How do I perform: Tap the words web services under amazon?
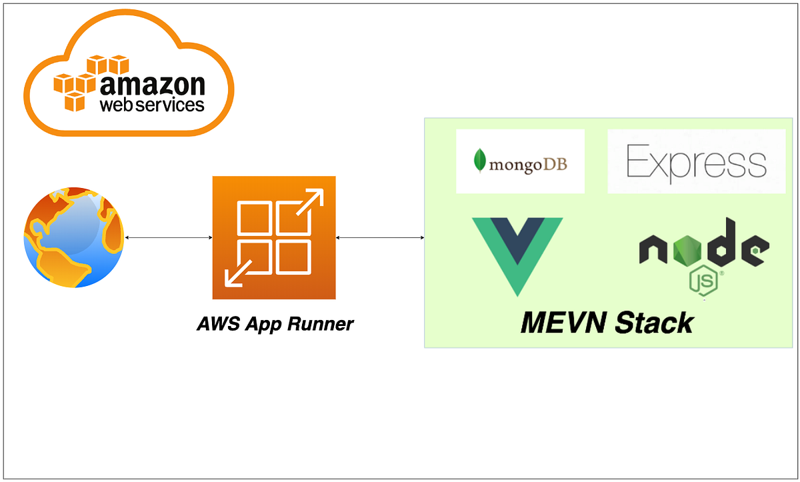[152, 105]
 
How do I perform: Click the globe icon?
[73, 237]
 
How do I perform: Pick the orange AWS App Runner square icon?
[273, 238]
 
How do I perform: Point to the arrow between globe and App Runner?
[168, 237]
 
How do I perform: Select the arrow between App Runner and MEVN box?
[380, 237]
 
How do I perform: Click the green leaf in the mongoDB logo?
[479, 161]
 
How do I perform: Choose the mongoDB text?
[528, 163]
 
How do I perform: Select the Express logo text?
[697, 162]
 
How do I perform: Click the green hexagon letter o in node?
[687, 251]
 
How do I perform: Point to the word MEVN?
[563, 323]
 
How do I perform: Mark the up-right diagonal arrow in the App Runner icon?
[308, 203]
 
